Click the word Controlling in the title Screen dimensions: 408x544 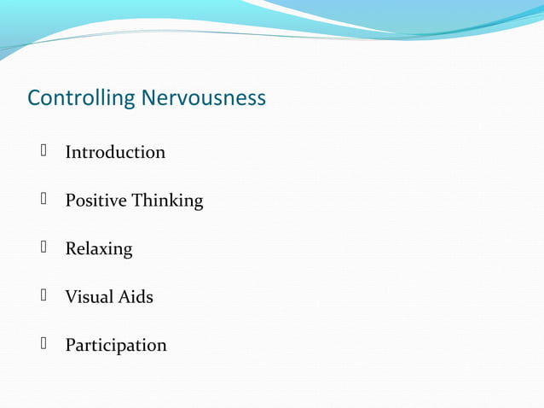tap(81, 99)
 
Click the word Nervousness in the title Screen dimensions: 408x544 tap(203, 99)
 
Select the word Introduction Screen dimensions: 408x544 tap(115, 153)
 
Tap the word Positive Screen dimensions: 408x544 tap(95, 201)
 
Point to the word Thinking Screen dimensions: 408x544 tap(167, 201)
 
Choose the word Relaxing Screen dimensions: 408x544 tap(99, 249)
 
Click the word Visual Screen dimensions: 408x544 tap(90, 297)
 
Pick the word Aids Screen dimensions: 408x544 tap(136, 297)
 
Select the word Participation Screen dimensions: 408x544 tap(116, 346)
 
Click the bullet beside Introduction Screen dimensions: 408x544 tap(42, 152)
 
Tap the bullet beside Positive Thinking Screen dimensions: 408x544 tap(42, 200)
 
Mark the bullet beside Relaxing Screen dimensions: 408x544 tap(42, 248)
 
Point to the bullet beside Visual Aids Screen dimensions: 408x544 tap(42, 296)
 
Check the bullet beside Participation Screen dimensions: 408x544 tap(42, 345)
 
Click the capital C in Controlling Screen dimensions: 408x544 tap(34, 99)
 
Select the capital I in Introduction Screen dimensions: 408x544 tap(68, 153)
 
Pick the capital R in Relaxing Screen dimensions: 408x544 tap(71, 249)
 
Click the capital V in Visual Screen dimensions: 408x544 tap(72, 297)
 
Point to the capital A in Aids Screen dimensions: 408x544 tap(124, 297)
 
